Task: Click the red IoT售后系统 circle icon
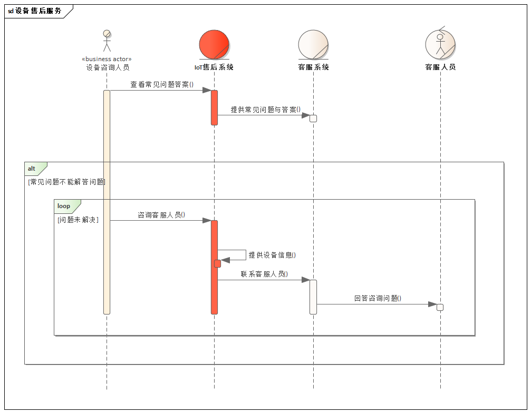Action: coord(214,44)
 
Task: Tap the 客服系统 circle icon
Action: coord(313,44)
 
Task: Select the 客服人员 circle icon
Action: coord(440,44)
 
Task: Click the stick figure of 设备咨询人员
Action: coord(107,41)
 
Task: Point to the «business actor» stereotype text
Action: coord(107,59)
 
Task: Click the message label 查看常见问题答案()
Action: coord(162,84)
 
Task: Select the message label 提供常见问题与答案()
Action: coord(265,110)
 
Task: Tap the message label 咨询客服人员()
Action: coord(161,215)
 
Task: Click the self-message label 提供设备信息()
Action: coord(272,255)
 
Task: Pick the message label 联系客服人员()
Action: coord(264,274)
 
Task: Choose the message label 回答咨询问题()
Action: coord(378,298)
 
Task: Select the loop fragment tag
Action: coord(64,206)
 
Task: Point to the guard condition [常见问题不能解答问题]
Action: coord(66,182)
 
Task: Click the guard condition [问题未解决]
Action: coord(78,220)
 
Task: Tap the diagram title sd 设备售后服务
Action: coord(35,11)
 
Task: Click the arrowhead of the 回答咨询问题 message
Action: coord(432,304)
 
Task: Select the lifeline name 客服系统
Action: coord(313,67)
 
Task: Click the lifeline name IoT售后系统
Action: coord(214,67)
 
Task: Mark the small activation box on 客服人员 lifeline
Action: coord(440,307)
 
